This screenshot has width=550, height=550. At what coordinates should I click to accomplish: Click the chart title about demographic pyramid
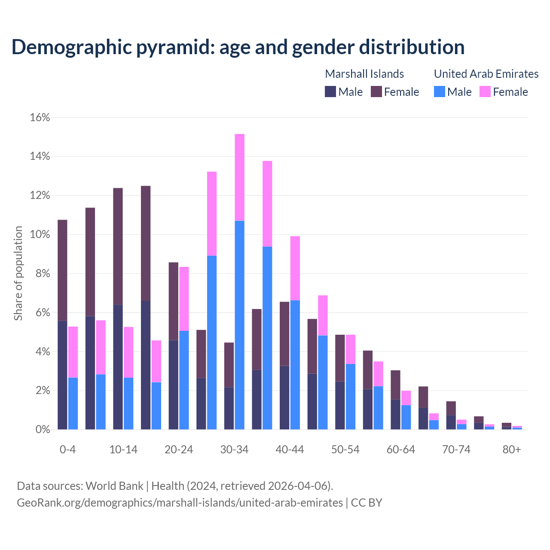click(238, 47)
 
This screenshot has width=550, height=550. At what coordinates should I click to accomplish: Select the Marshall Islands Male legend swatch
click(330, 92)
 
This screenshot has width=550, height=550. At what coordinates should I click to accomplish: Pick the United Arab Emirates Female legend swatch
click(485, 92)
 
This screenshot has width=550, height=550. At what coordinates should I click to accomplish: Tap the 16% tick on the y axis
click(40, 117)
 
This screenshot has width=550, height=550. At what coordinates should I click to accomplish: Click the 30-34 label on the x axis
click(234, 449)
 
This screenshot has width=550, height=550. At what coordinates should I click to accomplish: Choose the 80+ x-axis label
click(512, 449)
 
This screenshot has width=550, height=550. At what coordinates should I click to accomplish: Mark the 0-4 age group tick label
click(68, 449)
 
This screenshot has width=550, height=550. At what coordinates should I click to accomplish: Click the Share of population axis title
click(18, 273)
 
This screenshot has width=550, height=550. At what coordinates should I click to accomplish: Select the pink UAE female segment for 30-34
click(240, 177)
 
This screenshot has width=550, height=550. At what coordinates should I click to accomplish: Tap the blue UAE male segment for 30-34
click(240, 325)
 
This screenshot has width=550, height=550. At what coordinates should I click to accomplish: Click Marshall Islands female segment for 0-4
click(62, 270)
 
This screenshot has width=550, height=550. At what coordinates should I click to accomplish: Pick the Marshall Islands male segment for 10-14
click(118, 367)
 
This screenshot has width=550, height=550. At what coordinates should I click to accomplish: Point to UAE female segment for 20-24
click(184, 299)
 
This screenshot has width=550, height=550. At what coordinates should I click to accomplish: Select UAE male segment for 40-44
click(295, 365)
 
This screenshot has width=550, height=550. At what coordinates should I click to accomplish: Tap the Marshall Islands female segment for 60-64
click(395, 385)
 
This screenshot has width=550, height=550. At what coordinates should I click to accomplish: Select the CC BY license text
click(367, 503)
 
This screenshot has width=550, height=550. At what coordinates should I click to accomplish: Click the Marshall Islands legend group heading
click(364, 74)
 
